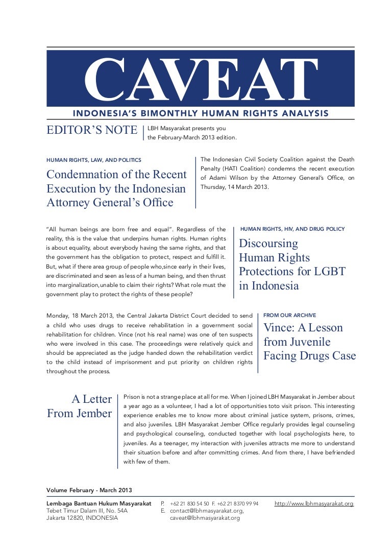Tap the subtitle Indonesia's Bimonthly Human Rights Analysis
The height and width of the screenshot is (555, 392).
(x=201, y=113)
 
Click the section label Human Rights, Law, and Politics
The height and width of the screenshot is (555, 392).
(x=94, y=160)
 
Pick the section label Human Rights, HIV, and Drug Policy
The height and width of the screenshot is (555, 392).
(x=292, y=229)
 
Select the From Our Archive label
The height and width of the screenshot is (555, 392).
(x=289, y=315)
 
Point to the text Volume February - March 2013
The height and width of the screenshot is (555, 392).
(x=89, y=490)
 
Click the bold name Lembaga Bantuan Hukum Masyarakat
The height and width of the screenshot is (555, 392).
(x=99, y=503)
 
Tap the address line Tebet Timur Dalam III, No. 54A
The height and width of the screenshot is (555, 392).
(x=87, y=511)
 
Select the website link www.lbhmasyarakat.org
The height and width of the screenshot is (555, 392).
(x=314, y=503)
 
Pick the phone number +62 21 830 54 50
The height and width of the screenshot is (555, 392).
(x=189, y=503)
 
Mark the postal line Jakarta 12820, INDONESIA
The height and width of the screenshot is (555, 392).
(x=82, y=518)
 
